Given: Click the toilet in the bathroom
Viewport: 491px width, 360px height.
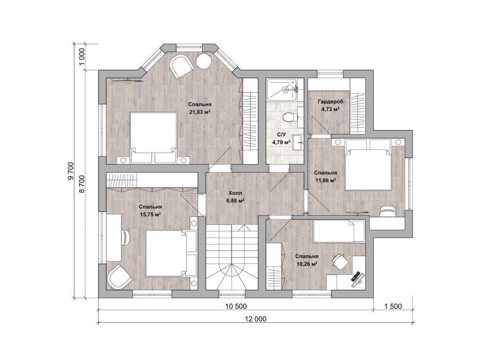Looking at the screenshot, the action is [288, 117].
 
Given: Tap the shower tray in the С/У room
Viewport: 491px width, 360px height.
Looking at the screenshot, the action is [282, 90].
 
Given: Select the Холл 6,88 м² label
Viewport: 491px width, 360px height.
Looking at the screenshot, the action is [235, 197].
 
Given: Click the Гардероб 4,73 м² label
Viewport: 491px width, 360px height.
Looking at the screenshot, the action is [330, 105].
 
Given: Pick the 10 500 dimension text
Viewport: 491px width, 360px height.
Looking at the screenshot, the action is [236, 306].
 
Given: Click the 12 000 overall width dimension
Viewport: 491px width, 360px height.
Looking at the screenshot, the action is [256, 319].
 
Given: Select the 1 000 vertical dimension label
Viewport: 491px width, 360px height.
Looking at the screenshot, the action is [82, 57].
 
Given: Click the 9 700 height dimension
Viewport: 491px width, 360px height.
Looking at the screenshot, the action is [70, 171].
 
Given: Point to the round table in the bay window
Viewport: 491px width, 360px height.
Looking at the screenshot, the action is [204, 61].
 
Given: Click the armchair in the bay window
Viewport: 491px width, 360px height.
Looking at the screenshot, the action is [181, 66].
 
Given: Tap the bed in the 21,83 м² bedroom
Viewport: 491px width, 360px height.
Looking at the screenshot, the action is [154, 137].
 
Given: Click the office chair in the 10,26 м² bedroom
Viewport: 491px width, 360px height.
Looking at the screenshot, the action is [339, 261].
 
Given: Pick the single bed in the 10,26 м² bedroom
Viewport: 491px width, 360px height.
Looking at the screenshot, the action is [339, 231].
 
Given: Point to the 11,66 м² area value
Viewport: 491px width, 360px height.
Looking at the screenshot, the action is [325, 180].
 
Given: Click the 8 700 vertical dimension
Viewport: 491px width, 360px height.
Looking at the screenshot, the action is [82, 184].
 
